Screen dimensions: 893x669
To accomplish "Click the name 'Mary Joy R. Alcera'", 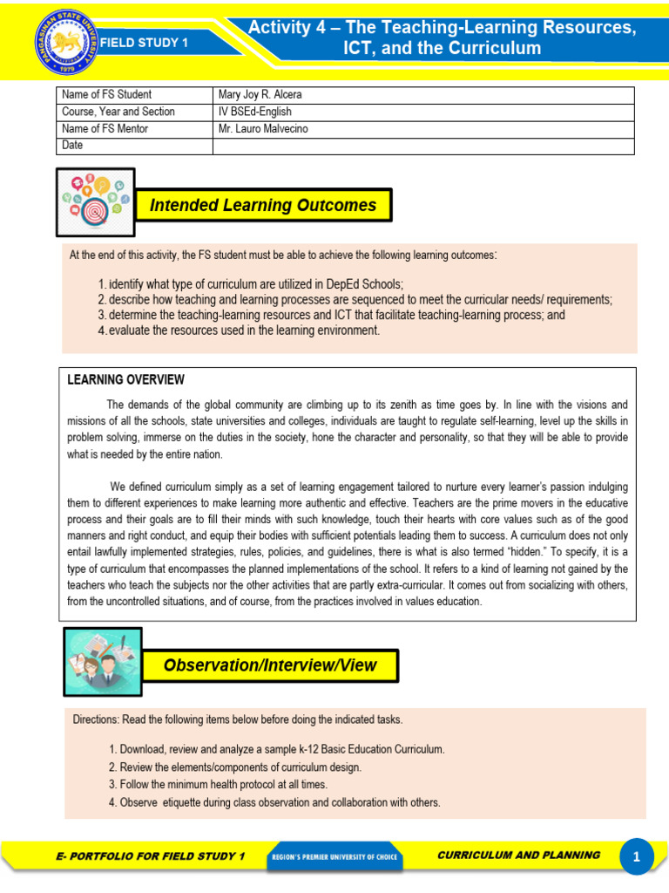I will pos(260,95).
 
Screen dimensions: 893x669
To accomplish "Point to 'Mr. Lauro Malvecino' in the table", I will pos(263,129).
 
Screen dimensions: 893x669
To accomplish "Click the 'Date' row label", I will pos(73,146).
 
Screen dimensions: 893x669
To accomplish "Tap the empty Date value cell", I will pos(423,146).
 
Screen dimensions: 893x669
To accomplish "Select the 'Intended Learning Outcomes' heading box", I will pos(263,206).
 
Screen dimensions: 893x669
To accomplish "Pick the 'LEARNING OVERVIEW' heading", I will pos(125,379).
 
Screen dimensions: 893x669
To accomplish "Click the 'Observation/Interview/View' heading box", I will pos(270,665).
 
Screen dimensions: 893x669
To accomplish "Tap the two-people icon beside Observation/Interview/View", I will pos(103,663).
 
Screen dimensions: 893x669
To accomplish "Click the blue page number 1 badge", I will pos(637,858).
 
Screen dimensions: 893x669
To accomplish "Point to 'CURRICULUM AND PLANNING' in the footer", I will pos(517,856).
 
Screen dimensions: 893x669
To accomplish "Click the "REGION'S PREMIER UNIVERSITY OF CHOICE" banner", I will pos(334,857).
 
